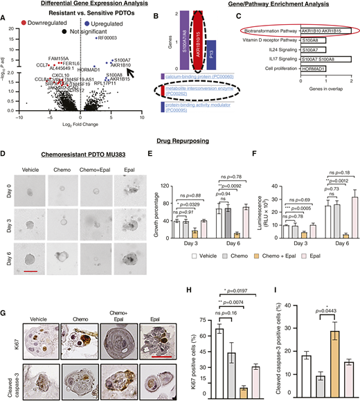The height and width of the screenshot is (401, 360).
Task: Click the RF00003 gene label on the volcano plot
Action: pyautogui.click(x=109, y=38)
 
